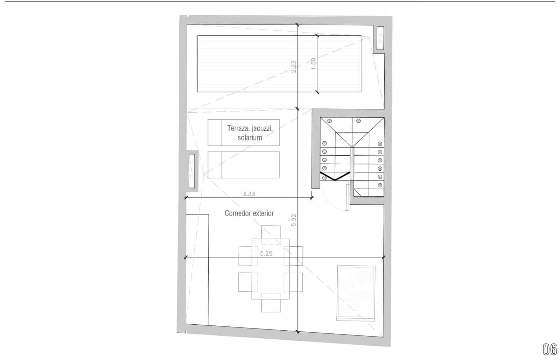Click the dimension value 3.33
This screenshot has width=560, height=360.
click(249, 193)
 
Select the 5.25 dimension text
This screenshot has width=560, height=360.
click(266, 254)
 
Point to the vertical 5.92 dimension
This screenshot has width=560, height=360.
click(294, 220)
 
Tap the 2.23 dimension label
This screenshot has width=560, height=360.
click(294, 66)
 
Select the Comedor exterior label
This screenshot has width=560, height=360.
click(249, 213)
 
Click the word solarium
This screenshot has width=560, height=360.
click(250, 137)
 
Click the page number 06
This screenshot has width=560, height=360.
click(549, 349)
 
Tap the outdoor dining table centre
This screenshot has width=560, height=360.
click(271, 269)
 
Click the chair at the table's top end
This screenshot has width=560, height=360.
click(271, 232)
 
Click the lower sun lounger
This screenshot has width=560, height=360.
click(244, 165)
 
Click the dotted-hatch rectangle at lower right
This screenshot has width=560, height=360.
click(356, 293)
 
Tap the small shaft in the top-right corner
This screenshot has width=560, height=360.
click(380, 38)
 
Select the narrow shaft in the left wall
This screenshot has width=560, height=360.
click(191, 171)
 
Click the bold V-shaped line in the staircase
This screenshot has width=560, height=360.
click(335, 177)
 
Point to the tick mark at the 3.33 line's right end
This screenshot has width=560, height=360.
click(312, 198)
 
